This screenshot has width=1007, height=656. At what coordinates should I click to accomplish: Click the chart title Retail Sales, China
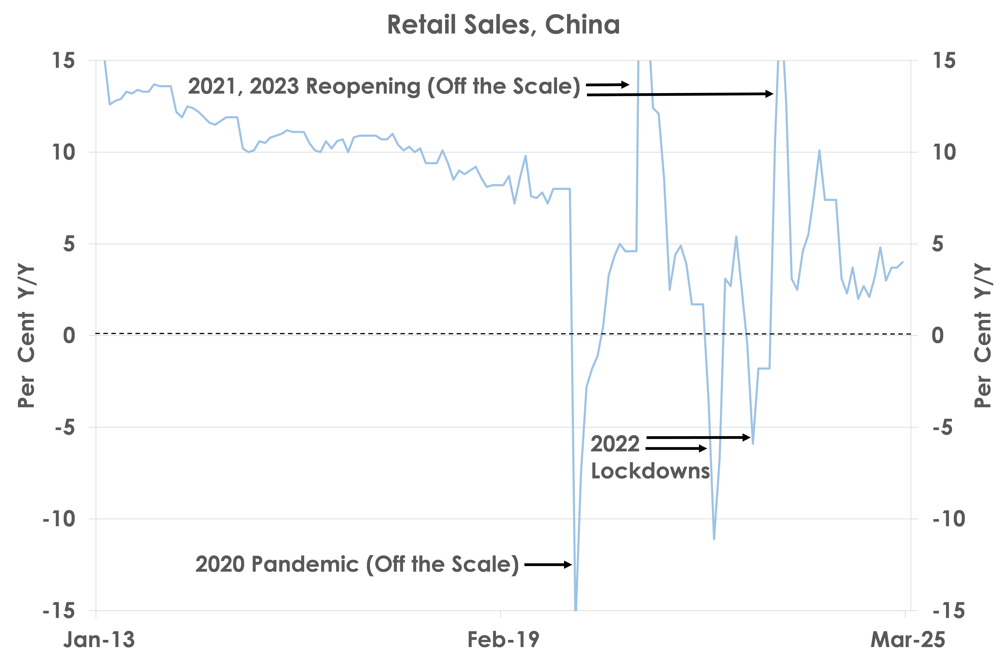pyautogui.click(x=503, y=25)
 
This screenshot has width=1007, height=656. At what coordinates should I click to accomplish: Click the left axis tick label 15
pyautogui.click(x=63, y=61)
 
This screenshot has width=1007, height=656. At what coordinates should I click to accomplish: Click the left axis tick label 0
pyautogui.click(x=69, y=335)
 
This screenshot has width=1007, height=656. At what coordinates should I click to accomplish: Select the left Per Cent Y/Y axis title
pyautogui.click(x=26, y=336)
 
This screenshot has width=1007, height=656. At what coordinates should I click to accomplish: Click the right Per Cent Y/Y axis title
pyautogui.click(x=983, y=336)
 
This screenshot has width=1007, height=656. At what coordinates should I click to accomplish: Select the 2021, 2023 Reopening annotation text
pyautogui.click(x=384, y=86)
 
